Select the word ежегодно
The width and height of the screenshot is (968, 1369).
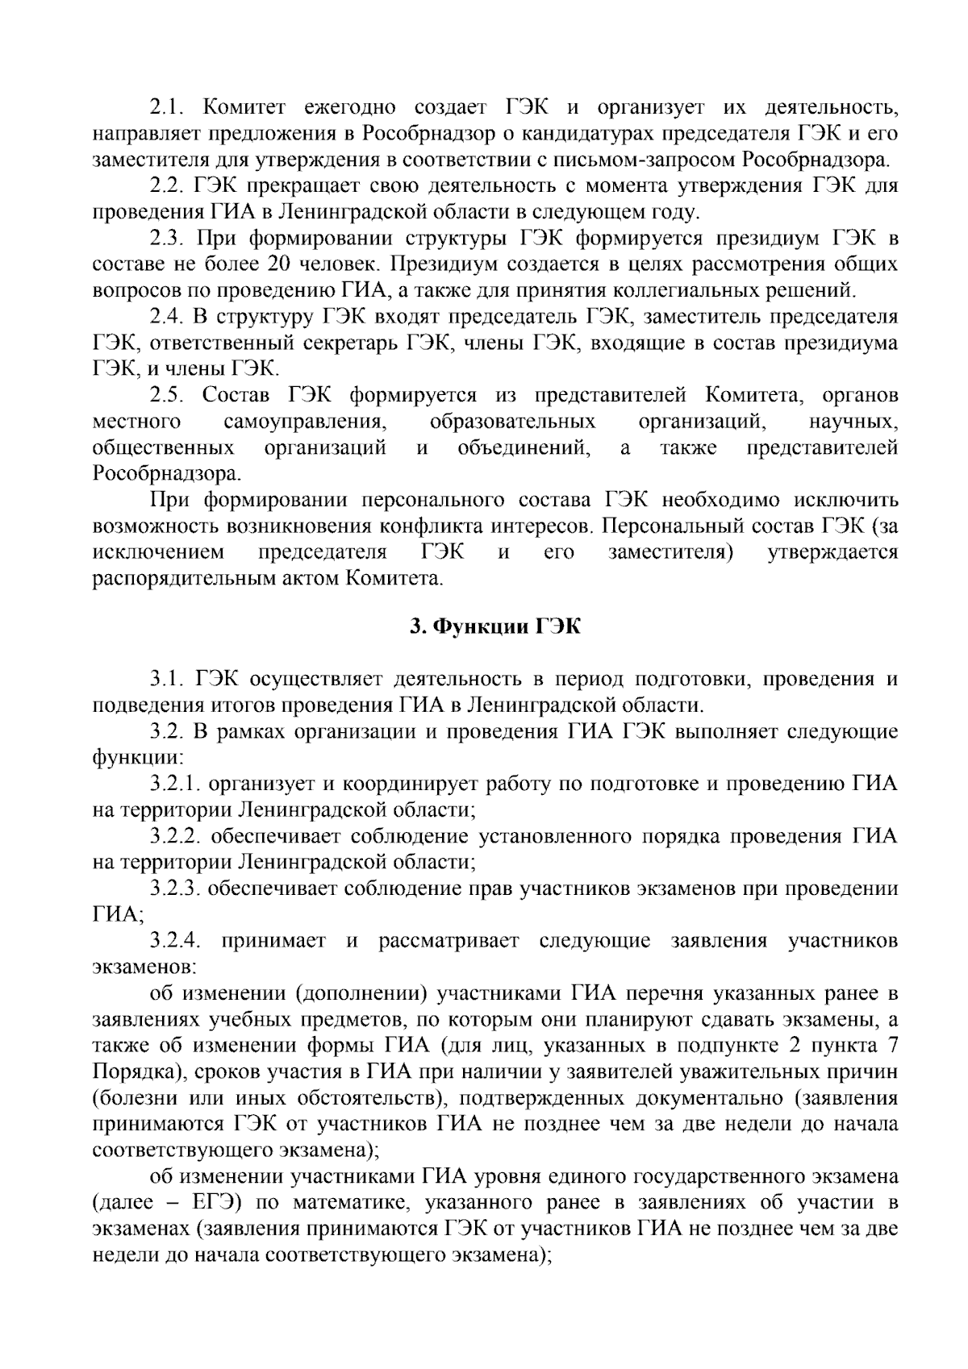(x=348, y=107)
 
